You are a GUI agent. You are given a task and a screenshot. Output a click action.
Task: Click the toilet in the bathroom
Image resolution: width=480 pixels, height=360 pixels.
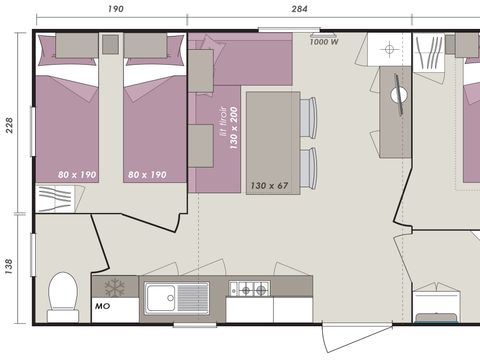[x=63, y=296]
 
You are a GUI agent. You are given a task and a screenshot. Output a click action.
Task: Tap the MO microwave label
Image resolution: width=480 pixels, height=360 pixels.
[x=102, y=307]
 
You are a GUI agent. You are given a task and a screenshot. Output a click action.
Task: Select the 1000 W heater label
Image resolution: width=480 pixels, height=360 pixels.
[x=323, y=42]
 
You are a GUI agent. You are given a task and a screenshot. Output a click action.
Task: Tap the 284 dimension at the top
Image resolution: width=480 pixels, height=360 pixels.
[x=299, y=9]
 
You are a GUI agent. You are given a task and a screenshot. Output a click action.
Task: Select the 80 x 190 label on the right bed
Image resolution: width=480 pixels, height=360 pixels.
[x=146, y=174]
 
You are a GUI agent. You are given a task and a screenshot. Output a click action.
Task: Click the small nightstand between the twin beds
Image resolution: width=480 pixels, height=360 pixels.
[x=111, y=44]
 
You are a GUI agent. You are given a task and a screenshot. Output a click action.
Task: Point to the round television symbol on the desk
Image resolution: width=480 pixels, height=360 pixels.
[x=399, y=96]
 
